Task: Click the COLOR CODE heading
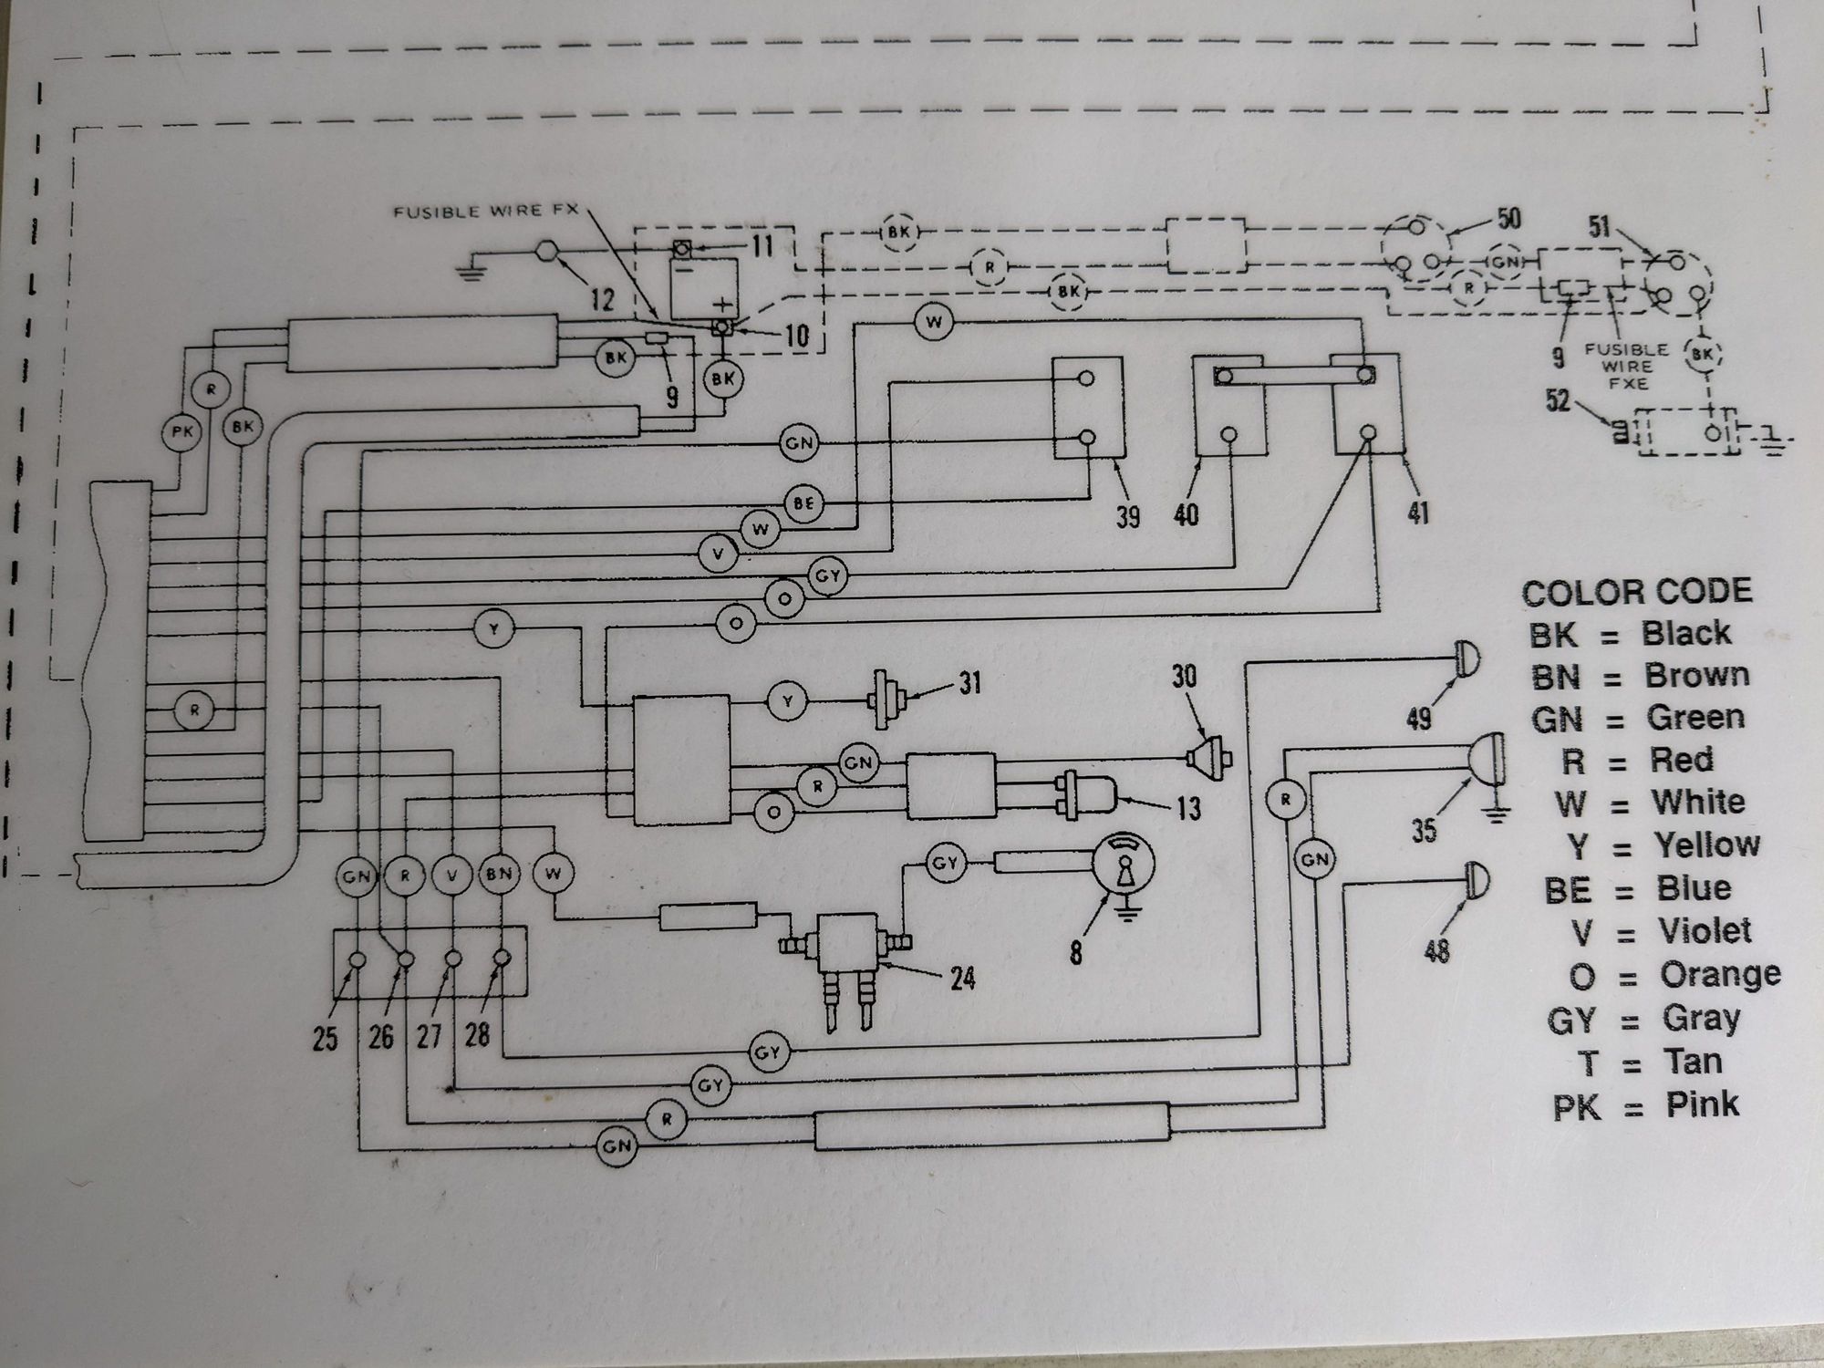[1637, 592]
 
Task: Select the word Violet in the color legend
[1704, 931]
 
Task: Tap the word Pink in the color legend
[1702, 1104]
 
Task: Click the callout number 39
[1128, 517]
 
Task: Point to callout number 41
[1417, 513]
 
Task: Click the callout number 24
[962, 979]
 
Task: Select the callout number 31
[969, 682]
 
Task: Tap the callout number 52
[1559, 399]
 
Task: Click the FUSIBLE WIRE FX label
[485, 212]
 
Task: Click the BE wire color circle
[803, 503]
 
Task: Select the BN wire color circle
[499, 874]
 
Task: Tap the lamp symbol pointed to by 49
[1466, 658]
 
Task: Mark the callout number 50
[1509, 220]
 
